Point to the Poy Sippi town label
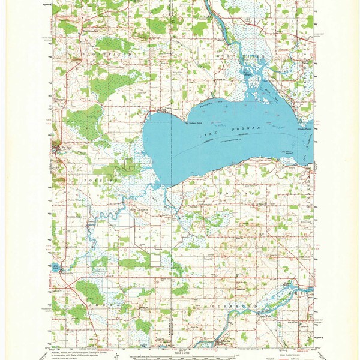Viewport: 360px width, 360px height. [x=62, y=146]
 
